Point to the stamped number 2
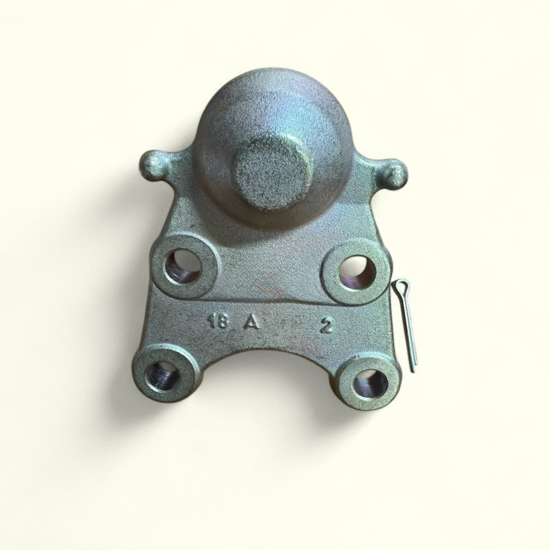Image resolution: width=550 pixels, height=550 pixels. [326, 326]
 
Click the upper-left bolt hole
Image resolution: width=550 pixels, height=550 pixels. [183, 266]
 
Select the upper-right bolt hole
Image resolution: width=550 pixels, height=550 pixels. [357, 272]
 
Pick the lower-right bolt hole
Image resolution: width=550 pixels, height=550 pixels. [370, 384]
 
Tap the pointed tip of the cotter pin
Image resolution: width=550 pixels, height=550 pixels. [414, 371]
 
